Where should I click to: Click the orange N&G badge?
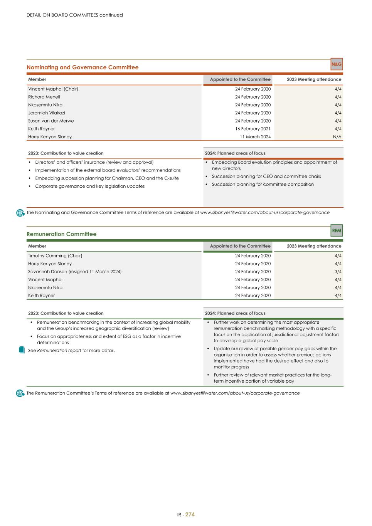337,64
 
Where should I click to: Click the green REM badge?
337,230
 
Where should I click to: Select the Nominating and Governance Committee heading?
82,67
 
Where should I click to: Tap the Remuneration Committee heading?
62,234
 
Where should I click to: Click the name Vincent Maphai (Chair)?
53,89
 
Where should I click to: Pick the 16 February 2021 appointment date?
253,129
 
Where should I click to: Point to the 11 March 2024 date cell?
255,137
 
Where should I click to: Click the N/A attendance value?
337,137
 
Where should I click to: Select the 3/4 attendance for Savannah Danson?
338,272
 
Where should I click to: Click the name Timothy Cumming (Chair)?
55,256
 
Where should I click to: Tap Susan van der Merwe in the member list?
51,121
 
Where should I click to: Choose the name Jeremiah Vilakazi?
47,113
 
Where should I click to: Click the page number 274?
190,514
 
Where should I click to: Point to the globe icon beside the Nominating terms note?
20,213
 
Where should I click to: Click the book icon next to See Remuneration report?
22,350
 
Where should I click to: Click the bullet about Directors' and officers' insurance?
94,162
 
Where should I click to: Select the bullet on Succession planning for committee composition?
263,184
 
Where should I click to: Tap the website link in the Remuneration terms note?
235,393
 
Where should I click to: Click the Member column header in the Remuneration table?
37,246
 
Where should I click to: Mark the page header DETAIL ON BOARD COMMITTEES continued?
75,15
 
